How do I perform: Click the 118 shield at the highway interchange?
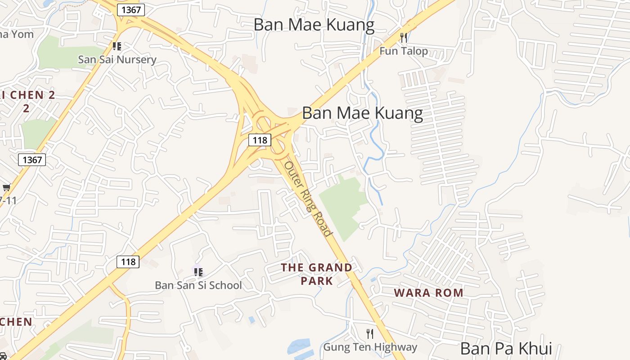click(x=260, y=140)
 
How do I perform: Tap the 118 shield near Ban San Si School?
click(x=128, y=261)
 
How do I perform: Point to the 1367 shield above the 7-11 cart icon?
click(x=32, y=159)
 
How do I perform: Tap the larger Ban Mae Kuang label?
click(x=362, y=113)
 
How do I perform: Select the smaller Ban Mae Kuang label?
click(x=314, y=25)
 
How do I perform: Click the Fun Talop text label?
click(x=404, y=51)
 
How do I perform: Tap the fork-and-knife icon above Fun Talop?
click(x=404, y=37)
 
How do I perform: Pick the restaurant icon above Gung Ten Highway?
click(x=370, y=334)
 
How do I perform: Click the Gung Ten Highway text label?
click(x=370, y=347)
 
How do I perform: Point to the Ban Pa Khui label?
click(x=506, y=349)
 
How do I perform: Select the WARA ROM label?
click(x=428, y=293)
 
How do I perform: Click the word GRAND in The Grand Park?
click(x=330, y=268)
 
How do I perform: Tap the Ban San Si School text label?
click(x=198, y=285)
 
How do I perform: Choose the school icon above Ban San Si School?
click(x=198, y=272)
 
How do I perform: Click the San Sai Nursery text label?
click(x=117, y=59)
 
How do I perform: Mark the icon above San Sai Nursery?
click(x=117, y=46)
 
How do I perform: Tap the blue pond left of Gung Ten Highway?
click(x=299, y=348)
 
